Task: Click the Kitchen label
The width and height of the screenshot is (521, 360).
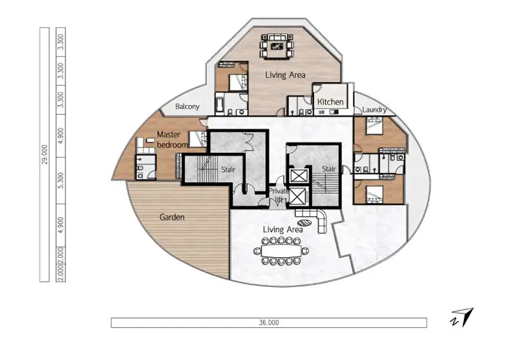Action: click(330, 101)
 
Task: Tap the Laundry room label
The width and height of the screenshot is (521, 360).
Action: click(374, 110)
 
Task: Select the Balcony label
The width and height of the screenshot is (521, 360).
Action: click(187, 107)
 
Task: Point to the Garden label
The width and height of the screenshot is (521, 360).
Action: click(172, 217)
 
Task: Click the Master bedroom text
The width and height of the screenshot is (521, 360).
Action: click(172, 140)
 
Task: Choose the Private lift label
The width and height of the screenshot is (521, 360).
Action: click(279, 195)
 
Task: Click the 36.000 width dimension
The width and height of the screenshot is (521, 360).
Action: click(269, 322)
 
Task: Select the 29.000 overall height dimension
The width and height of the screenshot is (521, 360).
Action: click(45, 154)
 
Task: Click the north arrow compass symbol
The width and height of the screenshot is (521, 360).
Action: click(463, 317)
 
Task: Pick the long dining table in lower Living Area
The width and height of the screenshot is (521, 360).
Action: click(281, 251)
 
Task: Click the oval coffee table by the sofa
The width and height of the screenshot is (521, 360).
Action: click(304, 223)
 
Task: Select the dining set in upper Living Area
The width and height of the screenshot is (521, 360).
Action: click(277, 46)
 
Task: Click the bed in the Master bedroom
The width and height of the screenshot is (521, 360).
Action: click(198, 139)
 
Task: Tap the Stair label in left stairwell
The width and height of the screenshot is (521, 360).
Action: click(228, 170)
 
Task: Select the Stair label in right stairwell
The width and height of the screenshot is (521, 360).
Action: click(329, 169)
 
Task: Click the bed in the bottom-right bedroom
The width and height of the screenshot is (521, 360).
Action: click(374, 194)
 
